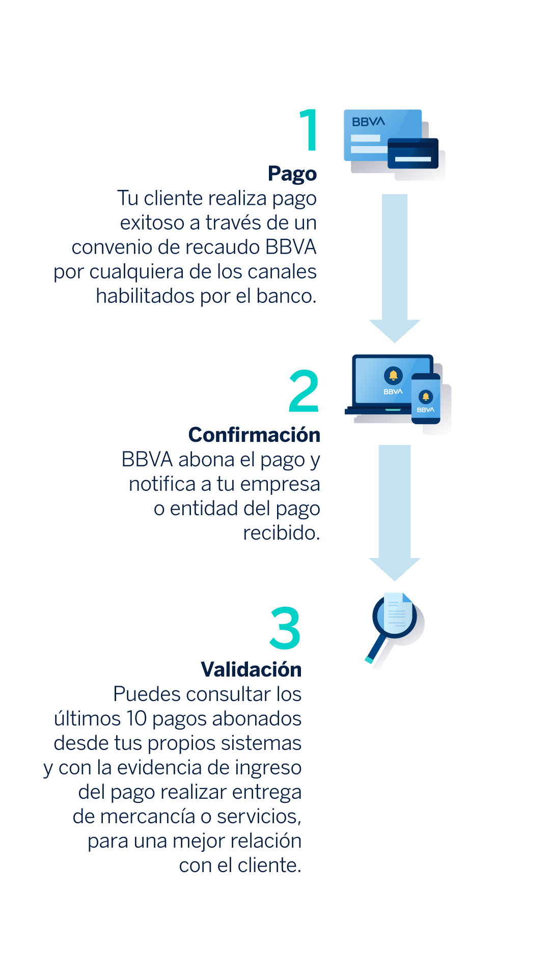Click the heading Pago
[292, 174]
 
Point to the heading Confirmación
[254, 435]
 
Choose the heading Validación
[251, 669]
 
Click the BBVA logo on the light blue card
[368, 122]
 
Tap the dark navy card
[413, 153]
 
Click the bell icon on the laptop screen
[393, 376]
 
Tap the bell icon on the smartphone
[426, 396]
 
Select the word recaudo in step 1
[222, 247]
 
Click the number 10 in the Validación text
[136, 719]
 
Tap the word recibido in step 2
[282, 533]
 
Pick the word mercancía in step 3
[148, 817]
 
